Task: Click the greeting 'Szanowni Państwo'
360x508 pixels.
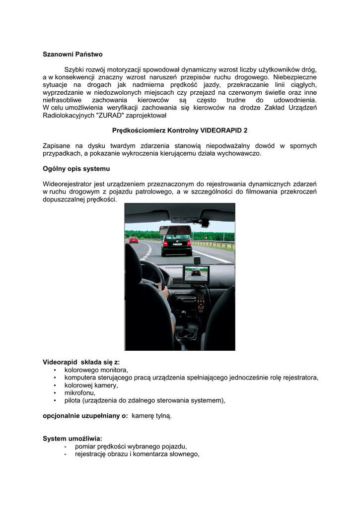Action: tap(72, 54)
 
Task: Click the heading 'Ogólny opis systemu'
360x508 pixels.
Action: tap(76, 169)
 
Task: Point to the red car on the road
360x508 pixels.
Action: tap(134, 240)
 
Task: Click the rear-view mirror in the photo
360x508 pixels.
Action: tap(175, 230)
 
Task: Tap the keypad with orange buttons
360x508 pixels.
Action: tap(200, 301)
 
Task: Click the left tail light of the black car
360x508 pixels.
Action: tap(165, 243)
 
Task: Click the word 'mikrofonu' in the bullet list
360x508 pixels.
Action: tap(80, 392)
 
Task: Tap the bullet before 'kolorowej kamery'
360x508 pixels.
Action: tap(54, 385)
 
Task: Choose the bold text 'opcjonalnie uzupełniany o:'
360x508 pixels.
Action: tap(85, 416)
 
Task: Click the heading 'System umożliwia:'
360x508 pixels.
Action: tap(72, 439)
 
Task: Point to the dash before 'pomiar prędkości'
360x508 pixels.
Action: tap(66, 446)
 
